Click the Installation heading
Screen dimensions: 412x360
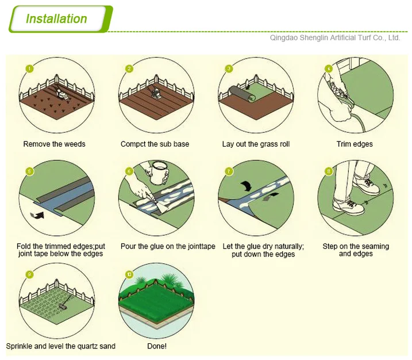tap(56, 18)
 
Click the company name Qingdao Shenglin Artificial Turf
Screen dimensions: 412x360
tap(335, 38)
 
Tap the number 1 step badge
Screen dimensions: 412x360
tap(29, 68)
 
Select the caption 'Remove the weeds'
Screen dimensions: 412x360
tap(54, 144)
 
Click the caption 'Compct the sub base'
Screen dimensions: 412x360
tap(155, 144)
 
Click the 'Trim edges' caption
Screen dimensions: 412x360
tap(355, 144)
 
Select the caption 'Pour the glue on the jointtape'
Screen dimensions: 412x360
tap(168, 247)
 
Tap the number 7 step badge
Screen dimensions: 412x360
tap(229, 171)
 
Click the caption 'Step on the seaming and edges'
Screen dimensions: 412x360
tap(356, 250)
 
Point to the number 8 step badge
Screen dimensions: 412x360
tap(329, 171)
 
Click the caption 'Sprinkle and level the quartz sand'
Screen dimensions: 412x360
tap(61, 346)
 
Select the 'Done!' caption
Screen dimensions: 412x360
tap(157, 346)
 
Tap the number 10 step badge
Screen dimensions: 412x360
tap(130, 274)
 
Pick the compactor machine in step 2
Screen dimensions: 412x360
tap(155, 92)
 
